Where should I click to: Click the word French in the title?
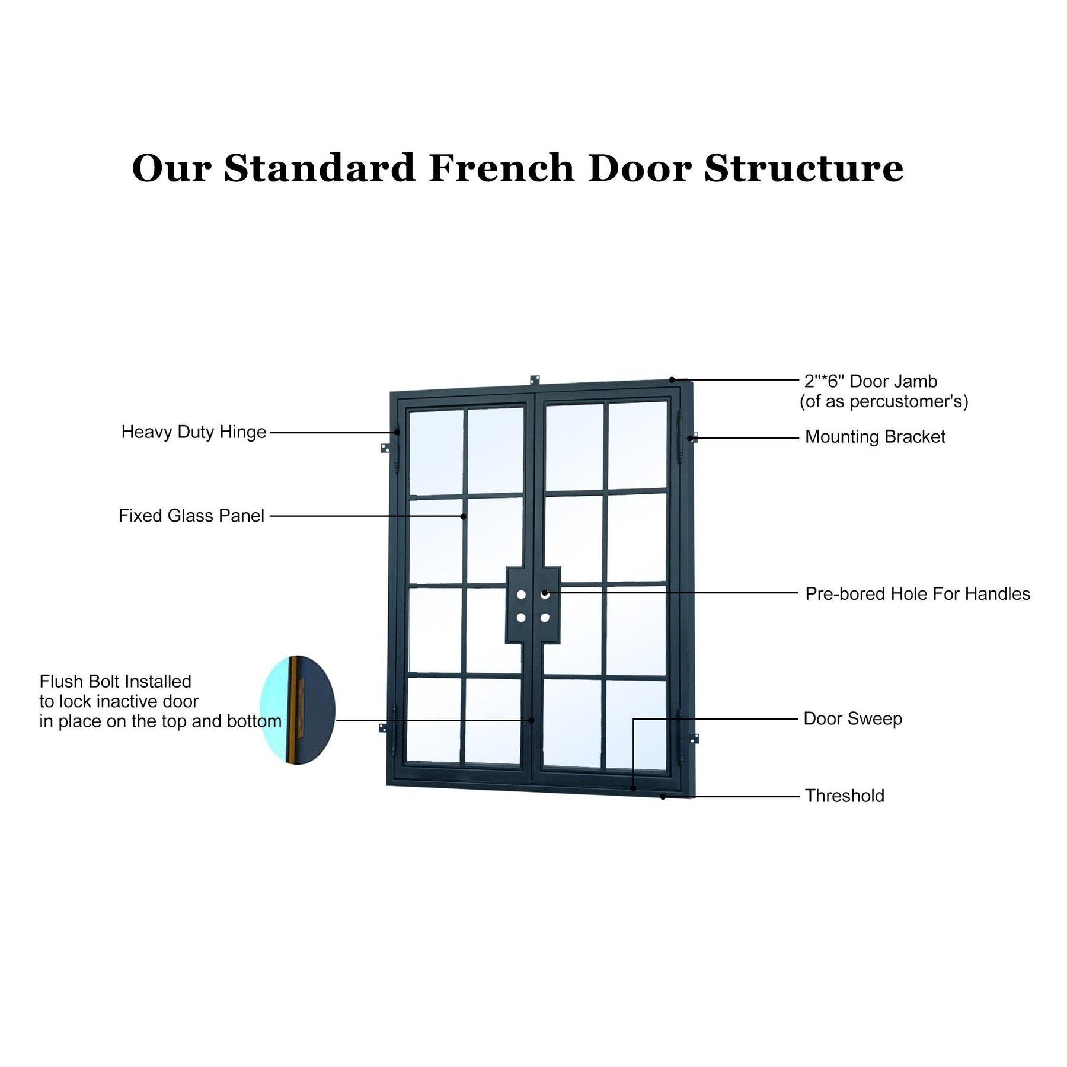[501, 168]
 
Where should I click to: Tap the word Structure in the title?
[804, 168]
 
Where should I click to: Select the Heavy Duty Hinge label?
[194, 432]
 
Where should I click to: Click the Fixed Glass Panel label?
[191, 516]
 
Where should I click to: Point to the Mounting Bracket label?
[875, 437]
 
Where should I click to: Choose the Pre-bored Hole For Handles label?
[918, 594]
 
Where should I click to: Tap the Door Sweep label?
[853, 719]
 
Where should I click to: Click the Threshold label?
[845, 796]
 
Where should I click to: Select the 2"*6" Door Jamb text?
[871, 381]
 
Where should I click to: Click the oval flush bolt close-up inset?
[298, 710]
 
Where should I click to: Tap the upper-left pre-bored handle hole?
[521, 594]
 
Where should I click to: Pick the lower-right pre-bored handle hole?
[545, 618]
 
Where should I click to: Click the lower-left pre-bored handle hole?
[521, 618]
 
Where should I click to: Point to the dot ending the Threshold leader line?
[663, 797]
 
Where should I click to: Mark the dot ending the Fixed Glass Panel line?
[464, 516]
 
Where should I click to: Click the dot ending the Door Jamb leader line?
[672, 379]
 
